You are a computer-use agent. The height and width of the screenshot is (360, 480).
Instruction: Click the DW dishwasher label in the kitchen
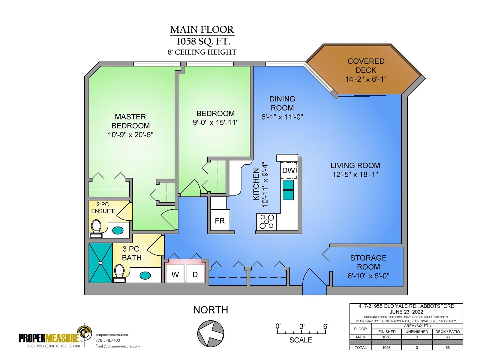tap(289, 171)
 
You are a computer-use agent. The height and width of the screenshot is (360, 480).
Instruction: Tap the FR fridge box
tap(220, 221)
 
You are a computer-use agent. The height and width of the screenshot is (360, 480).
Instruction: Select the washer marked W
tap(175, 274)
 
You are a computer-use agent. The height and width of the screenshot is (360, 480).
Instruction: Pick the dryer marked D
tap(195, 274)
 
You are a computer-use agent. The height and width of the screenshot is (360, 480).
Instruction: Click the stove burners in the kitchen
tap(267, 222)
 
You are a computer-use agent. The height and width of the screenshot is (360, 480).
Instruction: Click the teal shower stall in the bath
tap(101, 263)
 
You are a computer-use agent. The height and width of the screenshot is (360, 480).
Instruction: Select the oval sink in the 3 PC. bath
tap(145, 275)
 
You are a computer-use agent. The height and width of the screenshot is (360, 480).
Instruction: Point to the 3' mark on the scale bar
tap(302, 326)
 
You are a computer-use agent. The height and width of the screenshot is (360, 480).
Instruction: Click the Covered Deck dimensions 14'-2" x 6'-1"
tap(366, 79)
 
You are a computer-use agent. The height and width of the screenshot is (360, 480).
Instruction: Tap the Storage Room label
tap(368, 262)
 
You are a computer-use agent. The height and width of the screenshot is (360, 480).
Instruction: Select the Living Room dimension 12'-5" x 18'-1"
tap(355, 174)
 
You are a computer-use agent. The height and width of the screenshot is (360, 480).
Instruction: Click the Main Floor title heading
tap(202, 30)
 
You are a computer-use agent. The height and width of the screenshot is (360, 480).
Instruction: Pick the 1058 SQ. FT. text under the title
tap(203, 41)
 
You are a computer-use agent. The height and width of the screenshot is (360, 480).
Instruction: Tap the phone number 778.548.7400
tap(108, 340)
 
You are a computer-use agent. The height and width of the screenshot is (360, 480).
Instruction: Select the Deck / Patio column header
tap(448, 331)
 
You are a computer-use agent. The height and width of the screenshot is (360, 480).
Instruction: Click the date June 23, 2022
tap(406, 312)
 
